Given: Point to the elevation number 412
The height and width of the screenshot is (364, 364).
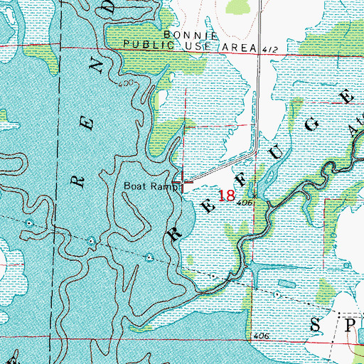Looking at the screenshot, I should click(x=267, y=50).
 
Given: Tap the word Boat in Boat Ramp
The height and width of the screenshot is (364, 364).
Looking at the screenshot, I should click(x=136, y=186).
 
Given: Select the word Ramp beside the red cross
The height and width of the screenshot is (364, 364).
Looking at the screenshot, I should click(x=163, y=186).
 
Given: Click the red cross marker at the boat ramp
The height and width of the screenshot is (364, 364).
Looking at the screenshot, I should click(x=184, y=183).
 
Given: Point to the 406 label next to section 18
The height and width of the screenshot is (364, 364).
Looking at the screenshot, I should click(x=246, y=203).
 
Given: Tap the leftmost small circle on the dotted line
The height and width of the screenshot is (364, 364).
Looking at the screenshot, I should click(x=28, y=223).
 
